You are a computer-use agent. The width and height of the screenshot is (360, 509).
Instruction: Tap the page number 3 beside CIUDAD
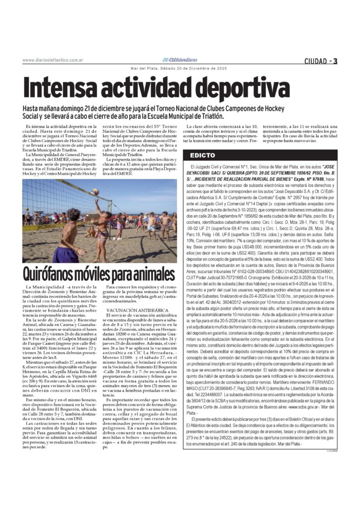[x=336, y=61]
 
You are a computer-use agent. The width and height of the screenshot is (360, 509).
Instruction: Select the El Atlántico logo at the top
[x=180, y=60]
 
